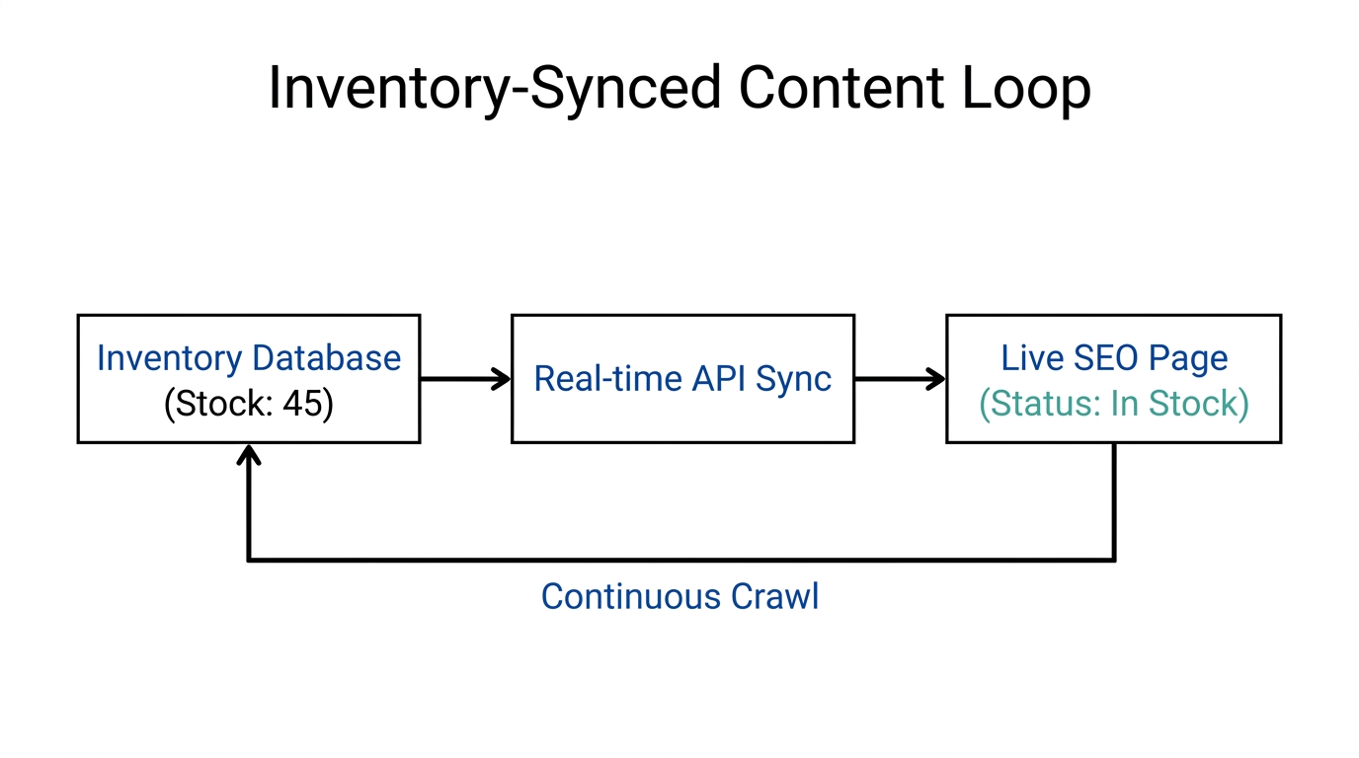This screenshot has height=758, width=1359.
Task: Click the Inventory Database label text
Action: click(x=249, y=357)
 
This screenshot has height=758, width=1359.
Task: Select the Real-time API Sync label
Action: click(x=682, y=379)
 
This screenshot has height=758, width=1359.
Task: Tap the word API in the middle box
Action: click(x=720, y=379)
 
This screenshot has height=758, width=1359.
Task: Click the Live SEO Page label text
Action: click(x=1114, y=357)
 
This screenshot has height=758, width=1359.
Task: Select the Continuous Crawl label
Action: click(x=679, y=596)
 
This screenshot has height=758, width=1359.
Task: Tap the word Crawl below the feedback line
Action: click(x=774, y=596)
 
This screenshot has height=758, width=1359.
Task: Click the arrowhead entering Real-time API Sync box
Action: click(x=502, y=379)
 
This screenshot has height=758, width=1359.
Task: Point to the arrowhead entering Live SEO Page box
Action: click(x=936, y=379)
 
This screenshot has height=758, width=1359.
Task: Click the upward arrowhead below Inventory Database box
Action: click(x=249, y=454)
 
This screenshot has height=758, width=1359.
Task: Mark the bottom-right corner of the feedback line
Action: click(x=1114, y=560)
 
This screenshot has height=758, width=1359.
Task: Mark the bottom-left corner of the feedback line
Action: click(x=249, y=560)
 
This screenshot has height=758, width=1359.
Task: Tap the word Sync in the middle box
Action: click(x=794, y=379)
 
